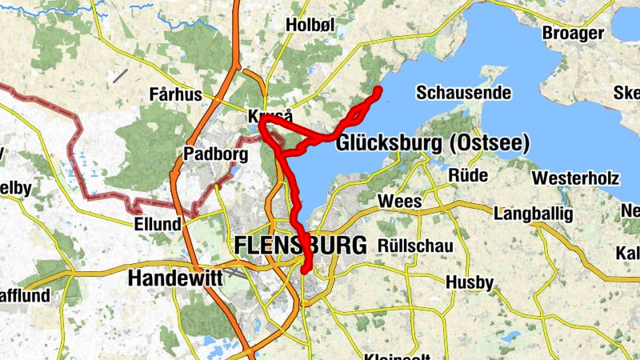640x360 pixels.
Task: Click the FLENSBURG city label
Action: pos(301,246)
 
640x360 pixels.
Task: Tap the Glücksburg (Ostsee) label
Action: pos(433,144)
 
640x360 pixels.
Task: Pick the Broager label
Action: pos(572,33)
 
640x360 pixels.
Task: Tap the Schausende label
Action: pos(463,93)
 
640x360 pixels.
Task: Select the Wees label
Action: pos(400,202)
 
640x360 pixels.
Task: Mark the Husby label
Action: pos(470,282)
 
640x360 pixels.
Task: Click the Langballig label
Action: pos(534,214)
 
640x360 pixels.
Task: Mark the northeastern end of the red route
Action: pos(377,90)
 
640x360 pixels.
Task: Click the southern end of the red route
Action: pos(305,272)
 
